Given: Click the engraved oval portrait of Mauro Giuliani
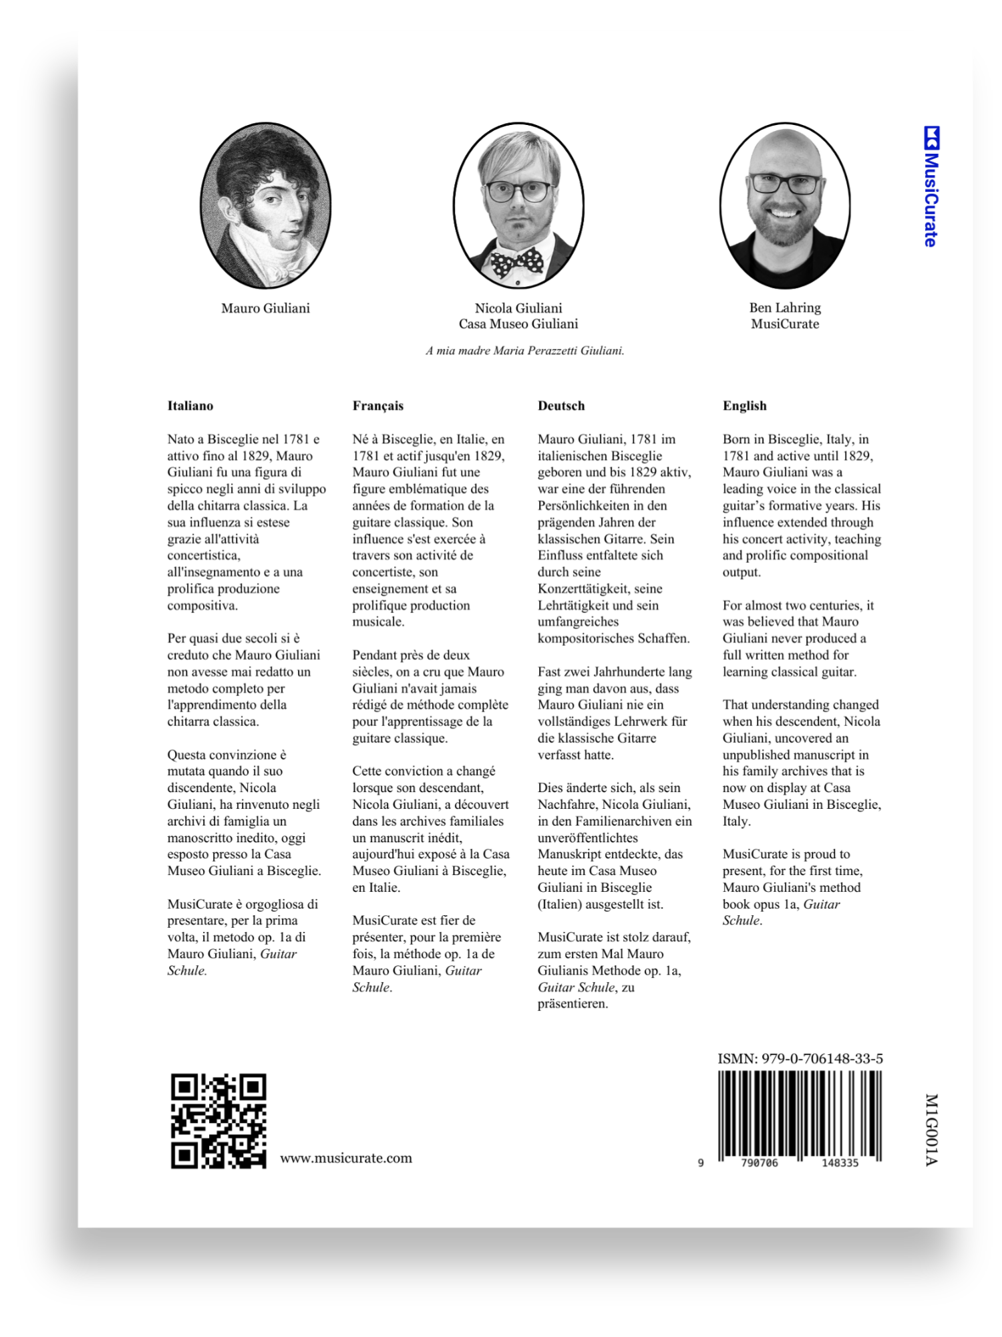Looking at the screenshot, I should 266,205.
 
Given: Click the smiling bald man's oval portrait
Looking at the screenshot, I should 785,205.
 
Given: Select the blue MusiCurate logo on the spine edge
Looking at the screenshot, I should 931,187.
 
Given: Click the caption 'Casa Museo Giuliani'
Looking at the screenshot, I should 518,324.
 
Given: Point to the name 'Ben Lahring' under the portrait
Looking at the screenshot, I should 785,308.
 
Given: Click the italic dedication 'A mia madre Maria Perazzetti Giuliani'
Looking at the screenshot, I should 525,350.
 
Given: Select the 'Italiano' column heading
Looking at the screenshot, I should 190,406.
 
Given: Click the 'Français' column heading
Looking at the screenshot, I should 378,406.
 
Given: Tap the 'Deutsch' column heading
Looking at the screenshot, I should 561,406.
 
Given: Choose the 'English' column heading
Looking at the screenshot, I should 745,406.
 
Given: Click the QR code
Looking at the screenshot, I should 218,1120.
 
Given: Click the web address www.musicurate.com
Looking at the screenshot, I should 346,1159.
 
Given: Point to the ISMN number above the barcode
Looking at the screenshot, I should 800,1058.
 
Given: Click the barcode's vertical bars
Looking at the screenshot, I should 800,1114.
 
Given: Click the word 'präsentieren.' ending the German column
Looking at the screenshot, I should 573,1003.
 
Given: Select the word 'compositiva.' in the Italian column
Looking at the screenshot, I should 202,605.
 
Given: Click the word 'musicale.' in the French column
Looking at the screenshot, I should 378,622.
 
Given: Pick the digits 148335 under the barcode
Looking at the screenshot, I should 840,1163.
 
